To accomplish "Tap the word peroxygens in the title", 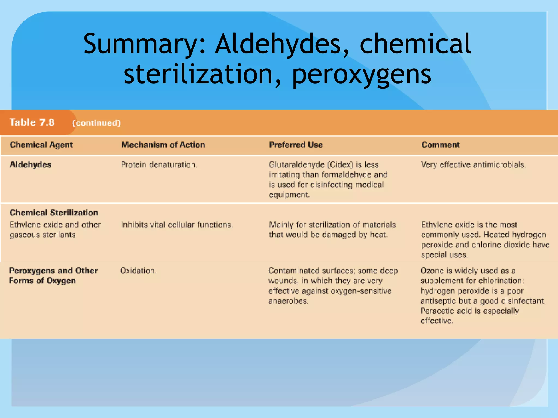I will [362, 74].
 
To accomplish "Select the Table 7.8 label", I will [32, 122].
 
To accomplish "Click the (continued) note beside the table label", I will [96, 123].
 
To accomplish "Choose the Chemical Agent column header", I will [41, 145].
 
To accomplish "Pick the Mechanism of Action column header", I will [163, 145].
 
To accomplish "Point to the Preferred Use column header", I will [296, 145].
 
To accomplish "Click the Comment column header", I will [440, 145].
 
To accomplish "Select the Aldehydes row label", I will [31, 165].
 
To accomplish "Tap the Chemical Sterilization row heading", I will [54, 213].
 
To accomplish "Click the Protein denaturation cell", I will [159, 165].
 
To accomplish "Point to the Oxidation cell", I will [138, 271].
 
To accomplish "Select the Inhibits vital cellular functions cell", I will [177, 225].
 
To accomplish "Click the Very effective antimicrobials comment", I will [474, 165].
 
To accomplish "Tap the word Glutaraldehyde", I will [296, 165].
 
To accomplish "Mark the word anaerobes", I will [288, 301].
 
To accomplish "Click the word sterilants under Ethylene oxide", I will [59, 235].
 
